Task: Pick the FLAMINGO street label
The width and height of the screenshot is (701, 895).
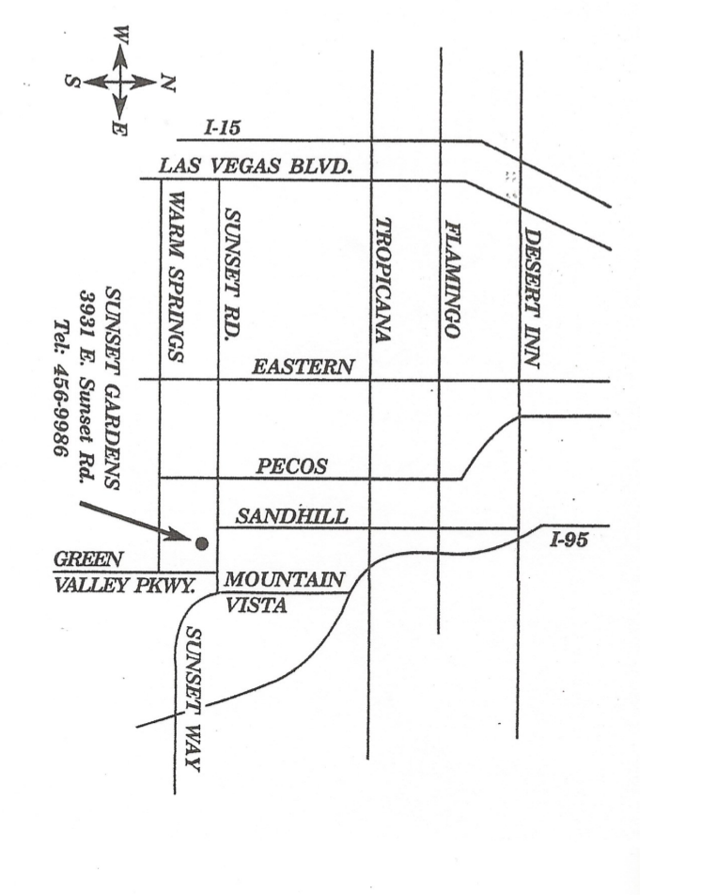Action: coord(452,279)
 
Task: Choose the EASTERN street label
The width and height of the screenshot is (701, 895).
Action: coord(303,368)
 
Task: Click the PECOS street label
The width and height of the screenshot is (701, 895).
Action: coord(292,466)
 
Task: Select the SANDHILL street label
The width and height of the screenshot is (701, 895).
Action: coord(292,515)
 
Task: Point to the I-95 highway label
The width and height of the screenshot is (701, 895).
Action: coord(569,540)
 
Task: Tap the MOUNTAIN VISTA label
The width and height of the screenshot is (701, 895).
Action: coord(283,591)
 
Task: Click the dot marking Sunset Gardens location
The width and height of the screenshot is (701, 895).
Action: coord(201,542)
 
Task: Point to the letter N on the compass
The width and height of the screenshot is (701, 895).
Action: coord(167,85)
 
